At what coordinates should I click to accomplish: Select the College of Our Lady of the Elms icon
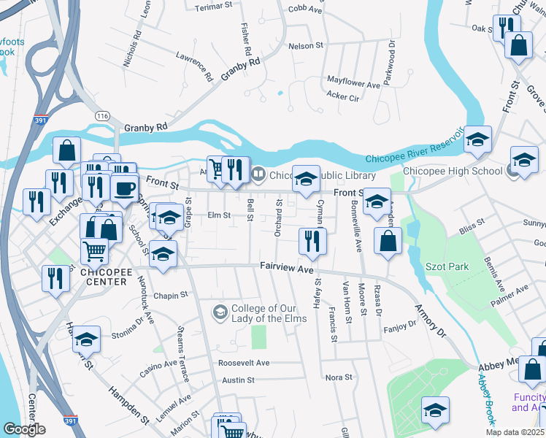pyautogui.click(x=219, y=312)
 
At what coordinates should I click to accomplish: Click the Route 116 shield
pyautogui.click(x=101, y=115)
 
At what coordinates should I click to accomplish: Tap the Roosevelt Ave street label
pyautogui.click(x=244, y=363)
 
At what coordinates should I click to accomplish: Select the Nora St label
pyautogui.click(x=339, y=377)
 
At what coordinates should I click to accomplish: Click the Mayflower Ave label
pyautogui.click(x=354, y=84)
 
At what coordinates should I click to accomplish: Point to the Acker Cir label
pyautogui.click(x=342, y=96)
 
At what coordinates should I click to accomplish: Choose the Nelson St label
pyautogui.click(x=306, y=45)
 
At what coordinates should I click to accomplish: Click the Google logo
pyautogui.click(x=23, y=429)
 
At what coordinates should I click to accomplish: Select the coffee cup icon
pyautogui.click(x=124, y=188)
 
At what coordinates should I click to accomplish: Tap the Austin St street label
pyautogui.click(x=238, y=380)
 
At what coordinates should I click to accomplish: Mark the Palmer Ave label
pyautogui.click(x=512, y=291)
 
